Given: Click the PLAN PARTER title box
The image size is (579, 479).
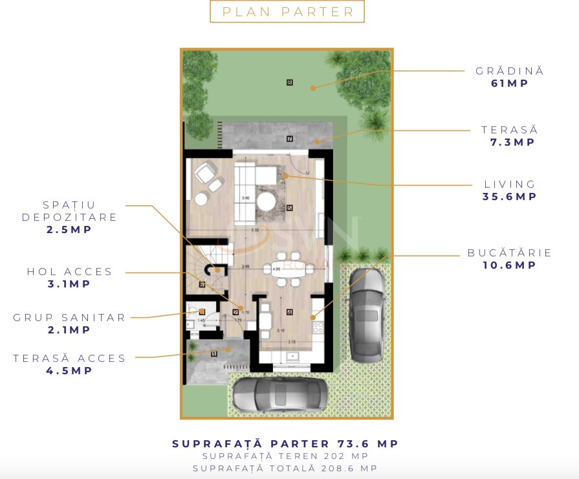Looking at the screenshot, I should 287,12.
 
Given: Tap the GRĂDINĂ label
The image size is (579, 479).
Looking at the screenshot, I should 510,71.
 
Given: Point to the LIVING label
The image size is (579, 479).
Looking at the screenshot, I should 510,184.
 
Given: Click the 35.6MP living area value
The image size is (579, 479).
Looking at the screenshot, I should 510,197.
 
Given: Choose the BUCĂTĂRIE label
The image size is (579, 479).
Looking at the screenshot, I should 510,253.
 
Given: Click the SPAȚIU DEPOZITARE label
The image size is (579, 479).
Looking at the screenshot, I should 70,211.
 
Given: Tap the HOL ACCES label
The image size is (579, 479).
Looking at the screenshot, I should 70,272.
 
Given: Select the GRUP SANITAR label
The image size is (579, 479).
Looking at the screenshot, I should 70,318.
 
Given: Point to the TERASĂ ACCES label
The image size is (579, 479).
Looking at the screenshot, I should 70,359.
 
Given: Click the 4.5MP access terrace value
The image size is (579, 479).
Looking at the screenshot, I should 70,371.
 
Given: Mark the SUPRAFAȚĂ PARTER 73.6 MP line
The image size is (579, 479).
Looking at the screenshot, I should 285,444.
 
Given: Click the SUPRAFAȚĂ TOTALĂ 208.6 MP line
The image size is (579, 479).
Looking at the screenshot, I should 285,468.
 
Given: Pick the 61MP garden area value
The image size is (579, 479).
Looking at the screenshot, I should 510,84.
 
